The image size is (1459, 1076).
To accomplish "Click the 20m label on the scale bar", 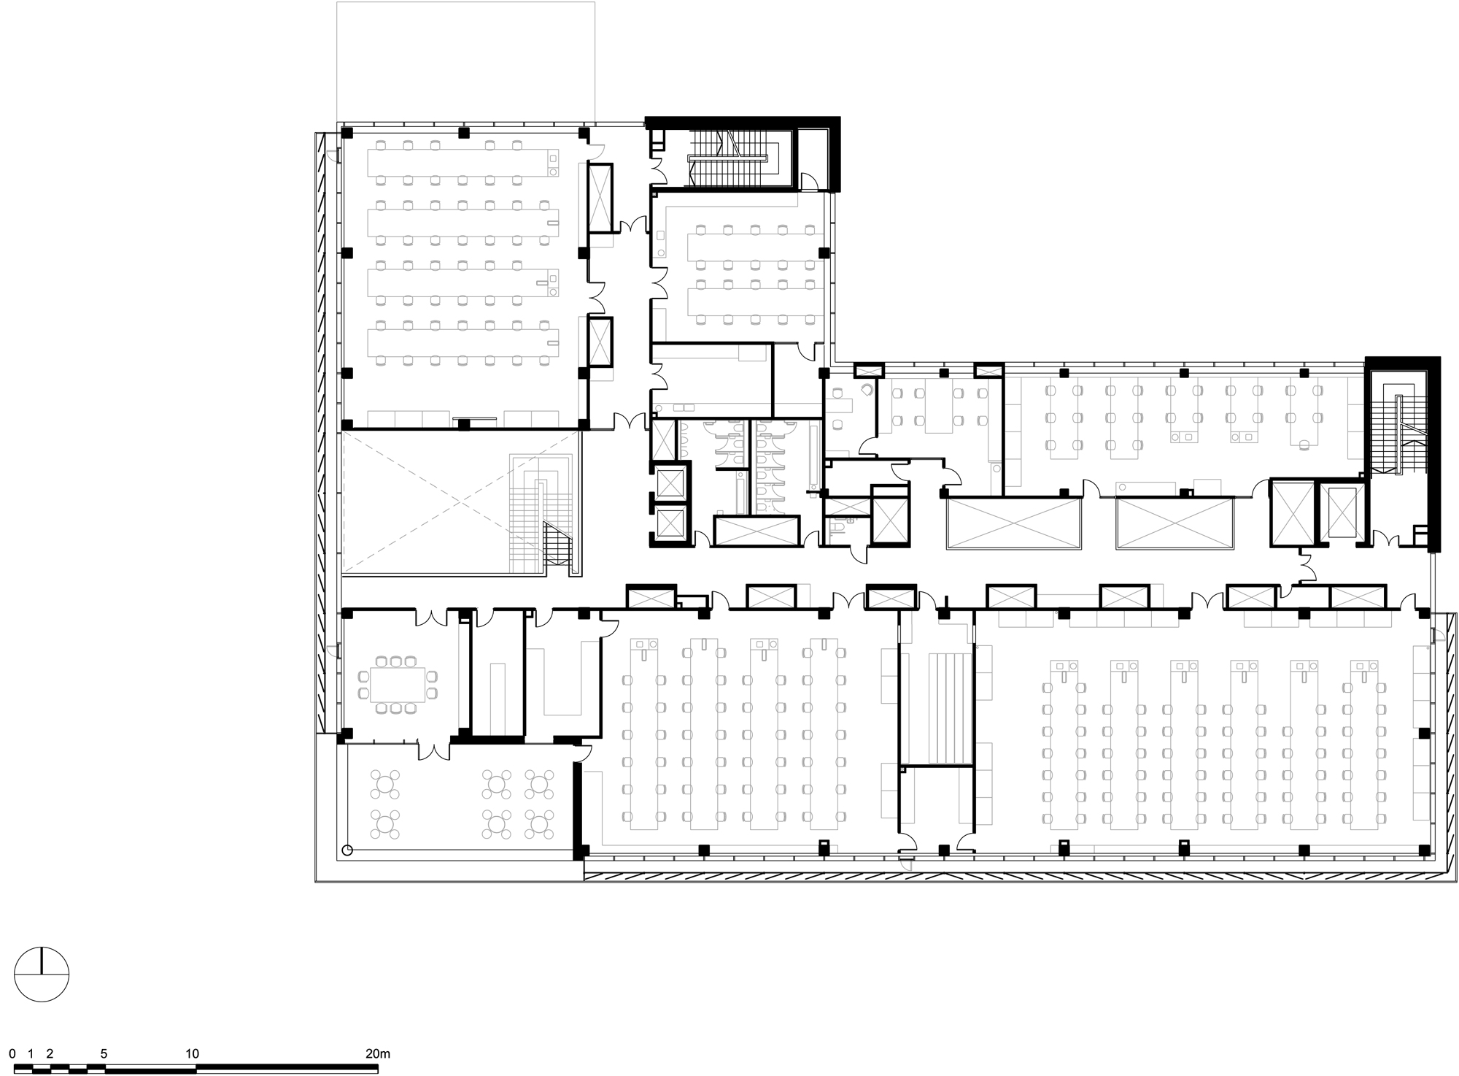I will [377, 1053].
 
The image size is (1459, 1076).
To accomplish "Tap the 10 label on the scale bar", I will [192, 1053].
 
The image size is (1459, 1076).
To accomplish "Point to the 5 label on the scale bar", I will [104, 1053].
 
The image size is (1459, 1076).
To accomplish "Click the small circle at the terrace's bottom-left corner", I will [347, 850].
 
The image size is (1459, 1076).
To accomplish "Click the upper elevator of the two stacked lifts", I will [670, 483].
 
